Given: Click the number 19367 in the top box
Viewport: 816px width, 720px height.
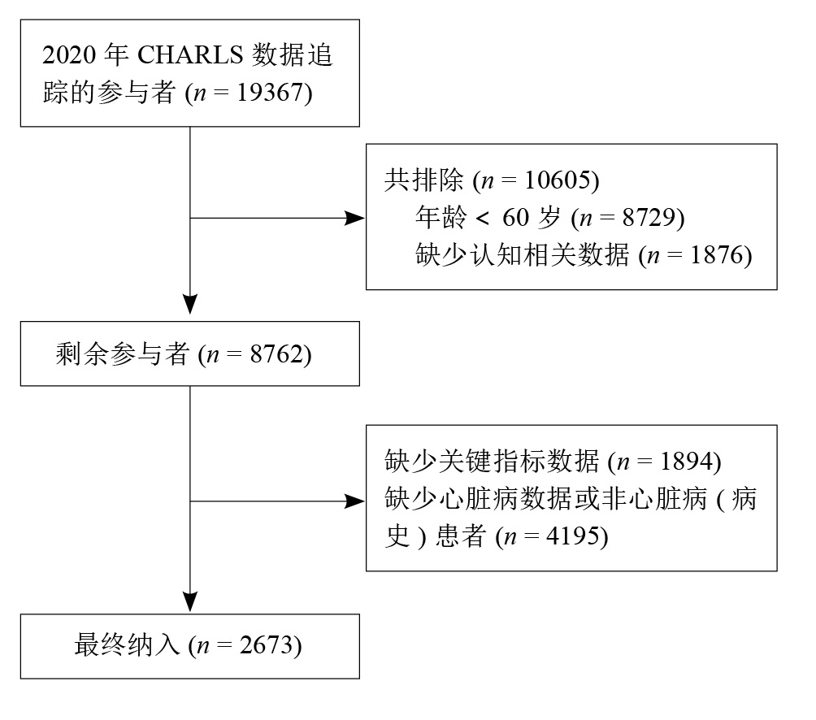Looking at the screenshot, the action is tap(271, 93).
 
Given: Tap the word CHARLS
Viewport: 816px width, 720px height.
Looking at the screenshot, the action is tap(190, 54).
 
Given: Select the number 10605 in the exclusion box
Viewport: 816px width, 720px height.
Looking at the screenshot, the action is tap(558, 180).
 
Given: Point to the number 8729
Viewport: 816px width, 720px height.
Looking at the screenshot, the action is tap(649, 218).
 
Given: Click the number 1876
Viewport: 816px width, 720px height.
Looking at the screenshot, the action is tap(716, 255).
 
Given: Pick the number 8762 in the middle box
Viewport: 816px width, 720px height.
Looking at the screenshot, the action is tap(276, 354).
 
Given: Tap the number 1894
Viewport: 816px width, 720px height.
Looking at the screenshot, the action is tap(686, 461).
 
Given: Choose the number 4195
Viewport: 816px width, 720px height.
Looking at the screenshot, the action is tap(572, 536).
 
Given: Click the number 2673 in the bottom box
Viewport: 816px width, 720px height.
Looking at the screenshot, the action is tap(267, 645).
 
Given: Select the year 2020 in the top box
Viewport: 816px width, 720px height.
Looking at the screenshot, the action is tap(69, 54).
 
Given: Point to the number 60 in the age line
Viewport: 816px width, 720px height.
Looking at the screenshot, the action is tap(516, 218).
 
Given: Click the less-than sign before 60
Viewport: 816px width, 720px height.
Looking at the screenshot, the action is tap(483, 218).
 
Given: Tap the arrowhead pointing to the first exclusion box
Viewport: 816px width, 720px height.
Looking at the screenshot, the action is tap(355, 218).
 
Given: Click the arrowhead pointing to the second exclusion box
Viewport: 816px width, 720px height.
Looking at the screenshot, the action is tap(355, 501).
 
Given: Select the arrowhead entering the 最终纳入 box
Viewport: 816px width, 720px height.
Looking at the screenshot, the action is tap(190, 602).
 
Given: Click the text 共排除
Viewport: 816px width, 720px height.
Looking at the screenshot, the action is tap(423, 180).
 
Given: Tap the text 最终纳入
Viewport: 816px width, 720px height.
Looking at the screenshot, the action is tap(127, 645).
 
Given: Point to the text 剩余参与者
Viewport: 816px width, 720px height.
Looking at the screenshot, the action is tap(122, 354).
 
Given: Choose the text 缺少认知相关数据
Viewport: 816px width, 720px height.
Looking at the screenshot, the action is tap(522, 255).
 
